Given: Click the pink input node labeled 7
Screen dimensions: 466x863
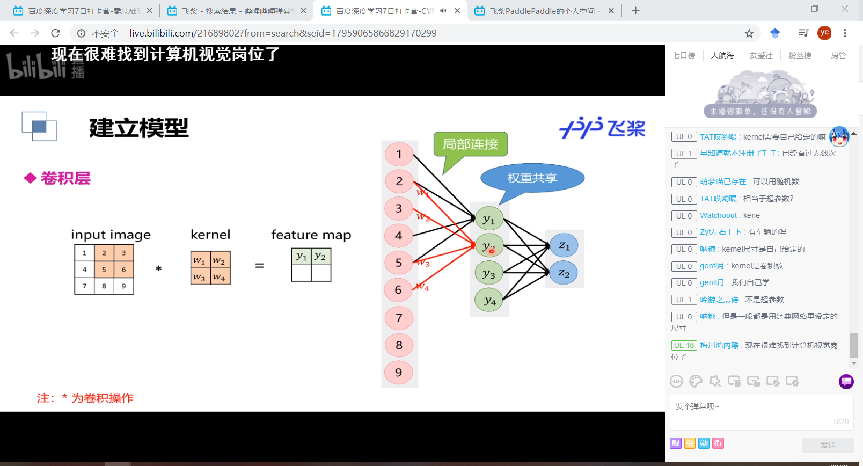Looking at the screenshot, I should [x=399, y=318].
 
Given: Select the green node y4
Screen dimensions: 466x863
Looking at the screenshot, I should [x=489, y=301].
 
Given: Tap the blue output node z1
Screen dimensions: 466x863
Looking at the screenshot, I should [x=564, y=246].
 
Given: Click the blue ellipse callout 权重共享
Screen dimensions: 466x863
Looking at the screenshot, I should [x=532, y=178].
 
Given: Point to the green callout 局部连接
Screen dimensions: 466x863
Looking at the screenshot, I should [x=470, y=144].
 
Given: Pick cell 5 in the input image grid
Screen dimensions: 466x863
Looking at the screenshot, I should [x=104, y=270].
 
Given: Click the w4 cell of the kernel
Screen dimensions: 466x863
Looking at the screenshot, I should [x=220, y=277].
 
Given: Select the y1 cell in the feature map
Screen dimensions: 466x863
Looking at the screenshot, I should [x=302, y=257].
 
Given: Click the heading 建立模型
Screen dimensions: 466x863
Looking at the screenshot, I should [x=139, y=128].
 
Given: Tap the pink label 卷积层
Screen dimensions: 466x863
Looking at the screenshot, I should [x=65, y=178].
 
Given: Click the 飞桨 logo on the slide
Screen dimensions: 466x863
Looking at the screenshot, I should [x=602, y=128].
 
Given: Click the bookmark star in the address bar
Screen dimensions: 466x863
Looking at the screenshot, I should [x=749, y=33].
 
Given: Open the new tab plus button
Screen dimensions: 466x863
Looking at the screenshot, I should [x=635, y=11].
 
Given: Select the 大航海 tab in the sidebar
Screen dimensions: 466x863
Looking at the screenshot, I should [x=722, y=55].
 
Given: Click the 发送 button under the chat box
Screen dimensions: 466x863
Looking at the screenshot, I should [x=828, y=445].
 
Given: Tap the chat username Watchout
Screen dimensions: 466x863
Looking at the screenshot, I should [x=718, y=215].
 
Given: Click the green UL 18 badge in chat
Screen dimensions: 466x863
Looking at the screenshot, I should [x=684, y=345].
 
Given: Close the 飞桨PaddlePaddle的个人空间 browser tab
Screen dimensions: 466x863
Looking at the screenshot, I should [x=611, y=11].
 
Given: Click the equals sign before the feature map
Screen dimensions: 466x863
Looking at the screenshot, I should [x=259, y=266].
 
